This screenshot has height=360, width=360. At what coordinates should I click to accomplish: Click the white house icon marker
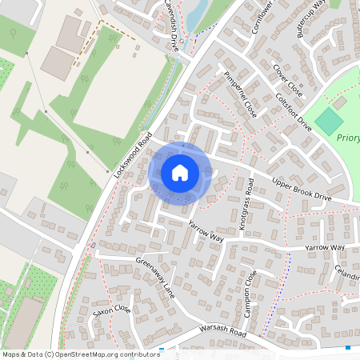click(x=180, y=172)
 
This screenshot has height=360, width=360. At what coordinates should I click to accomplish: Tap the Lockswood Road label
click(x=133, y=157)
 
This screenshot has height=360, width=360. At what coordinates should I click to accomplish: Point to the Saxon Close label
click(x=111, y=312)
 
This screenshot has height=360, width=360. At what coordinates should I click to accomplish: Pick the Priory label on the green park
click(x=348, y=138)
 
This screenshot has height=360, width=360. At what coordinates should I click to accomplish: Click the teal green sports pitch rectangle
click(x=328, y=122)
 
